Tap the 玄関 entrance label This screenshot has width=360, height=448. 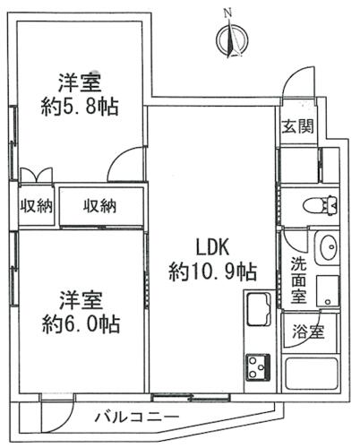(x=297, y=125)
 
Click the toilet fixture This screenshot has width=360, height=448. (x=321, y=205)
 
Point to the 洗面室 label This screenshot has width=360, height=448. (x=298, y=280)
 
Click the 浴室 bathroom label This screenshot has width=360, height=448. (x=308, y=332)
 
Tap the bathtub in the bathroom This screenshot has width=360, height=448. (x=312, y=375)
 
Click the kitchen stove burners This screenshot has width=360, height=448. (x=258, y=367)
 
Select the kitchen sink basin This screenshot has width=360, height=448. (x=259, y=309)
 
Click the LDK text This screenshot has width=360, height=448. (x=212, y=247)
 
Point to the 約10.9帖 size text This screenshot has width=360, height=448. (x=212, y=271)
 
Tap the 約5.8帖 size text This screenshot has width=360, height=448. (x=80, y=107)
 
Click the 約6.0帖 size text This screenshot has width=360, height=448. (x=81, y=324)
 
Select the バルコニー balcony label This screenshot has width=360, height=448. (x=137, y=417)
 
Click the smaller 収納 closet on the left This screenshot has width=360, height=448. (x=36, y=206)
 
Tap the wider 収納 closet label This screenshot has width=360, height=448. (x=99, y=206)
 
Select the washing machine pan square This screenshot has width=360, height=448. (x=328, y=291)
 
